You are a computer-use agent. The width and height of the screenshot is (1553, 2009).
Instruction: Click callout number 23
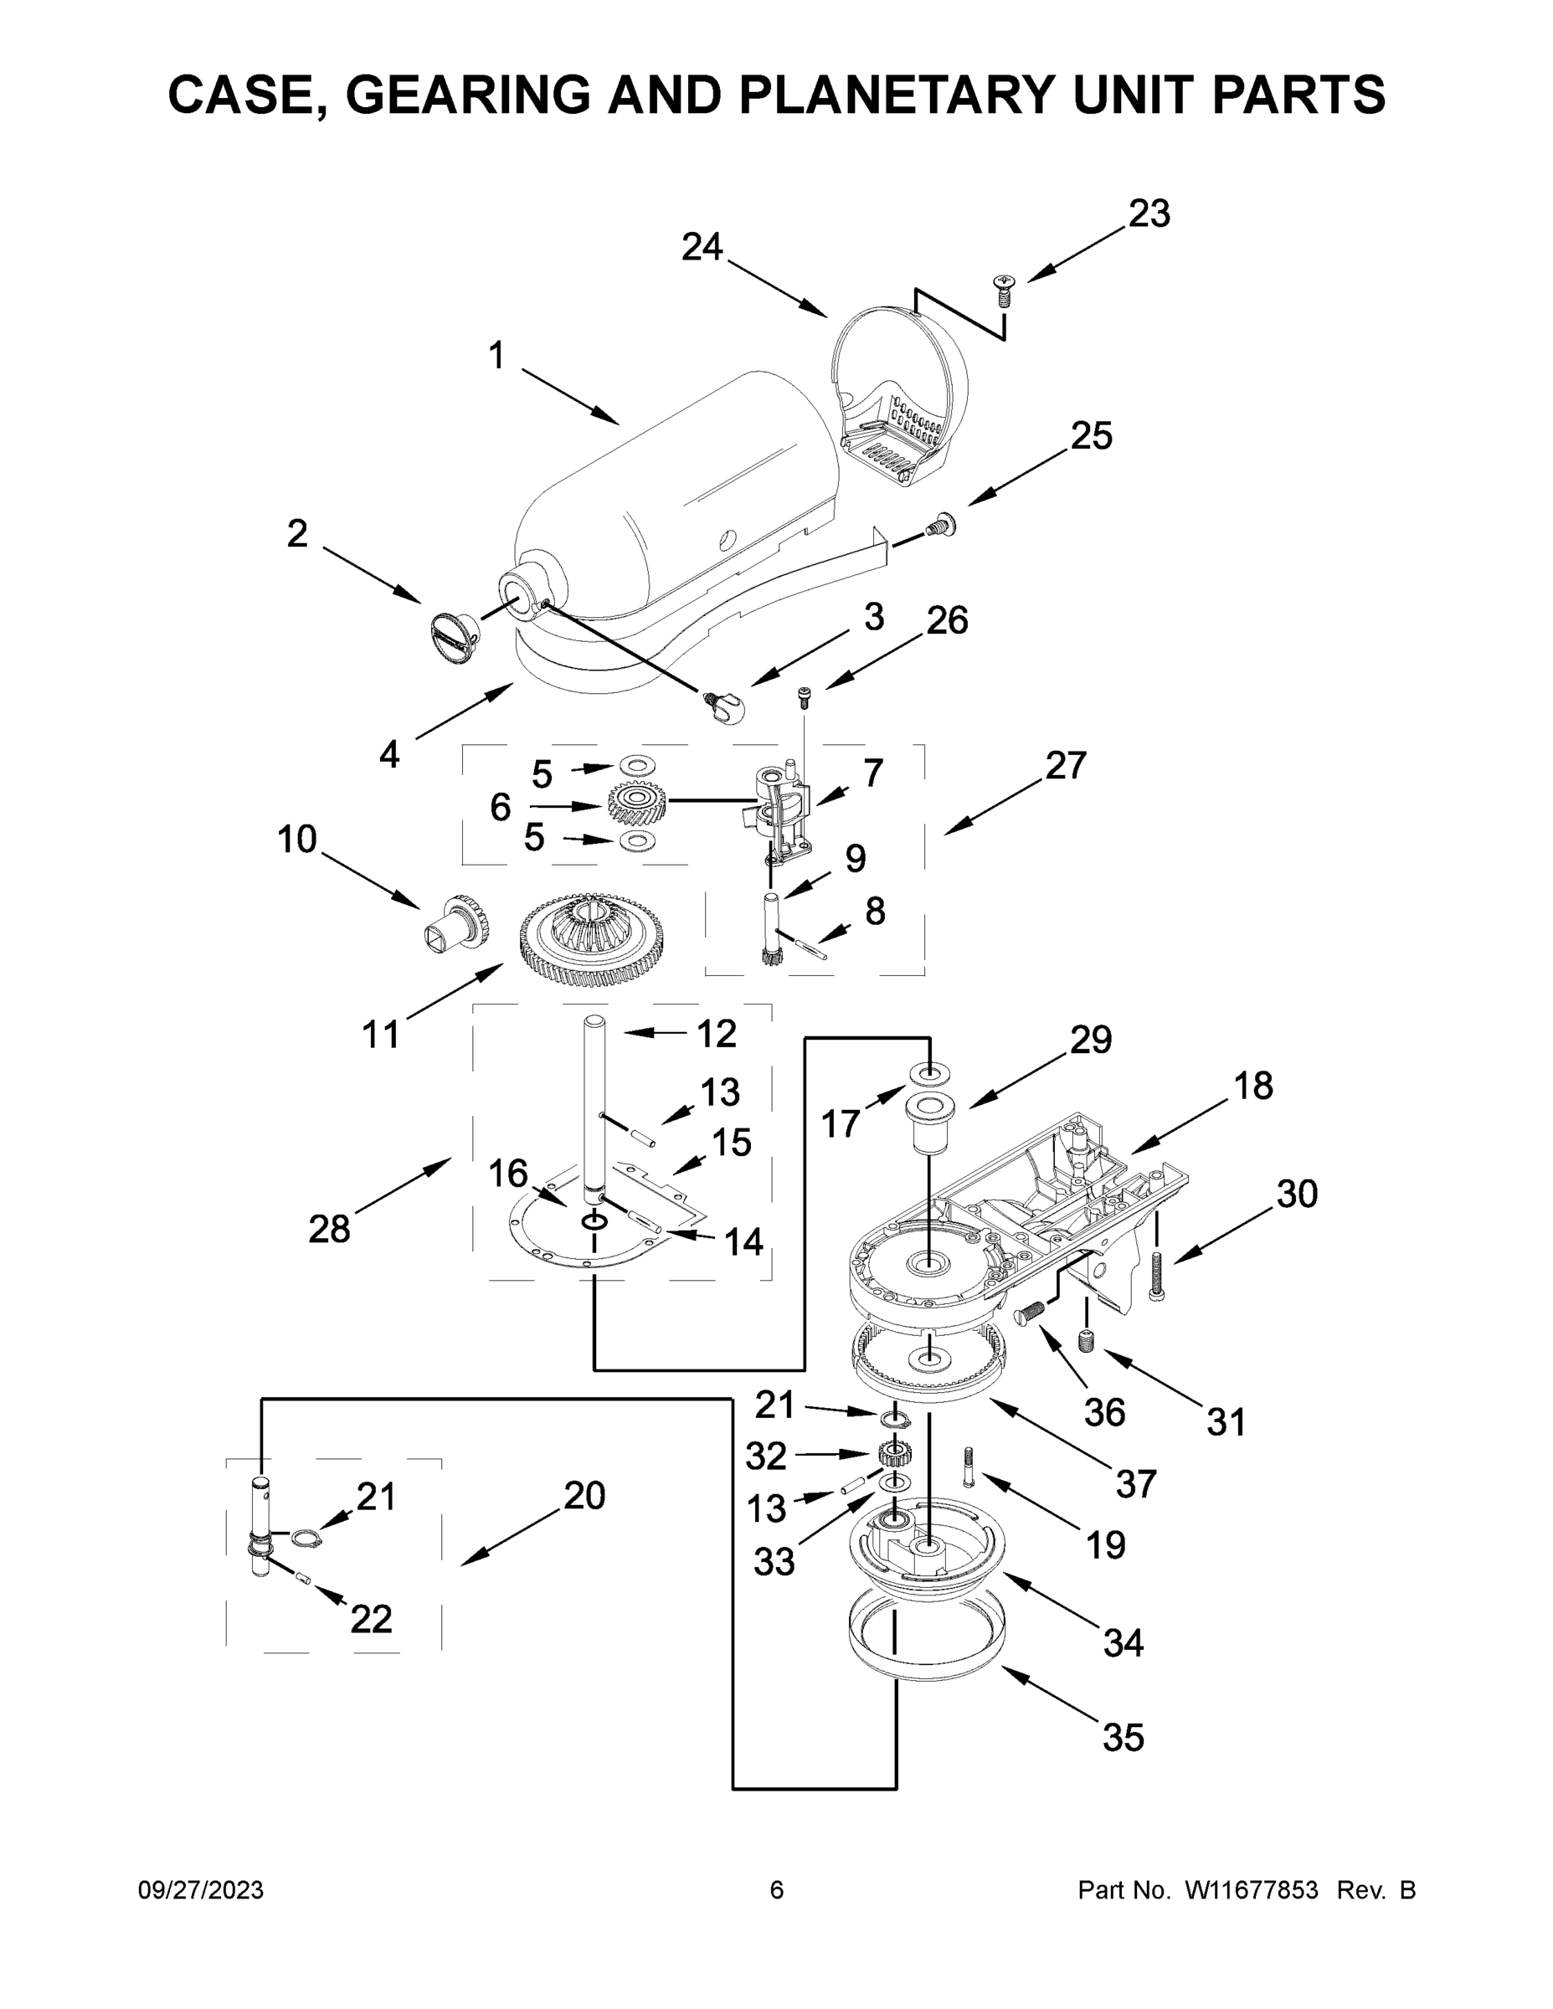point(1149,213)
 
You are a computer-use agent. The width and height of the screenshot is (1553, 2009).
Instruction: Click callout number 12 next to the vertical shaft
point(717,1034)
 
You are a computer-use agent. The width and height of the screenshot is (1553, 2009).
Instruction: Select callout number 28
point(329,1228)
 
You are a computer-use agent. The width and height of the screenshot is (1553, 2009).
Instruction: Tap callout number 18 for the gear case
point(1252,1086)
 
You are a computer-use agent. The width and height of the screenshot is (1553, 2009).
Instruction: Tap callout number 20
point(584,1496)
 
